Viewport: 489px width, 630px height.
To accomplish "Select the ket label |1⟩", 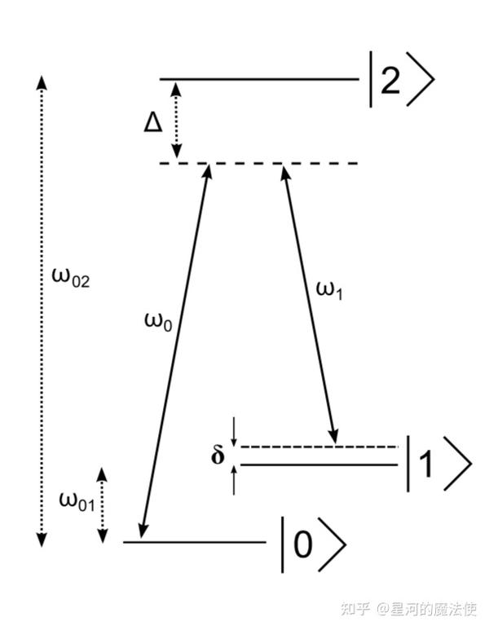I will point(437,464).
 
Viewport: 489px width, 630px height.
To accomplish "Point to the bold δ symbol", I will point(218,455).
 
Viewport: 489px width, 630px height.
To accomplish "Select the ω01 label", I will point(77,500).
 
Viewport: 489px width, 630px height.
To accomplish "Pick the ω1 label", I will point(327,289).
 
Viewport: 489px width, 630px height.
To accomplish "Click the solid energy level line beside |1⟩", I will point(318,465).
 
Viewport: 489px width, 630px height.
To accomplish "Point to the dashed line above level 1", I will point(318,447).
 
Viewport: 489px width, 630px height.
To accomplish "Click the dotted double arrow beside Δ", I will point(176,121).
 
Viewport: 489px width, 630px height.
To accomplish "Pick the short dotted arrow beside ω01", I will point(103,505).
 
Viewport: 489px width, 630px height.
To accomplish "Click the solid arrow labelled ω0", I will point(174,350).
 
